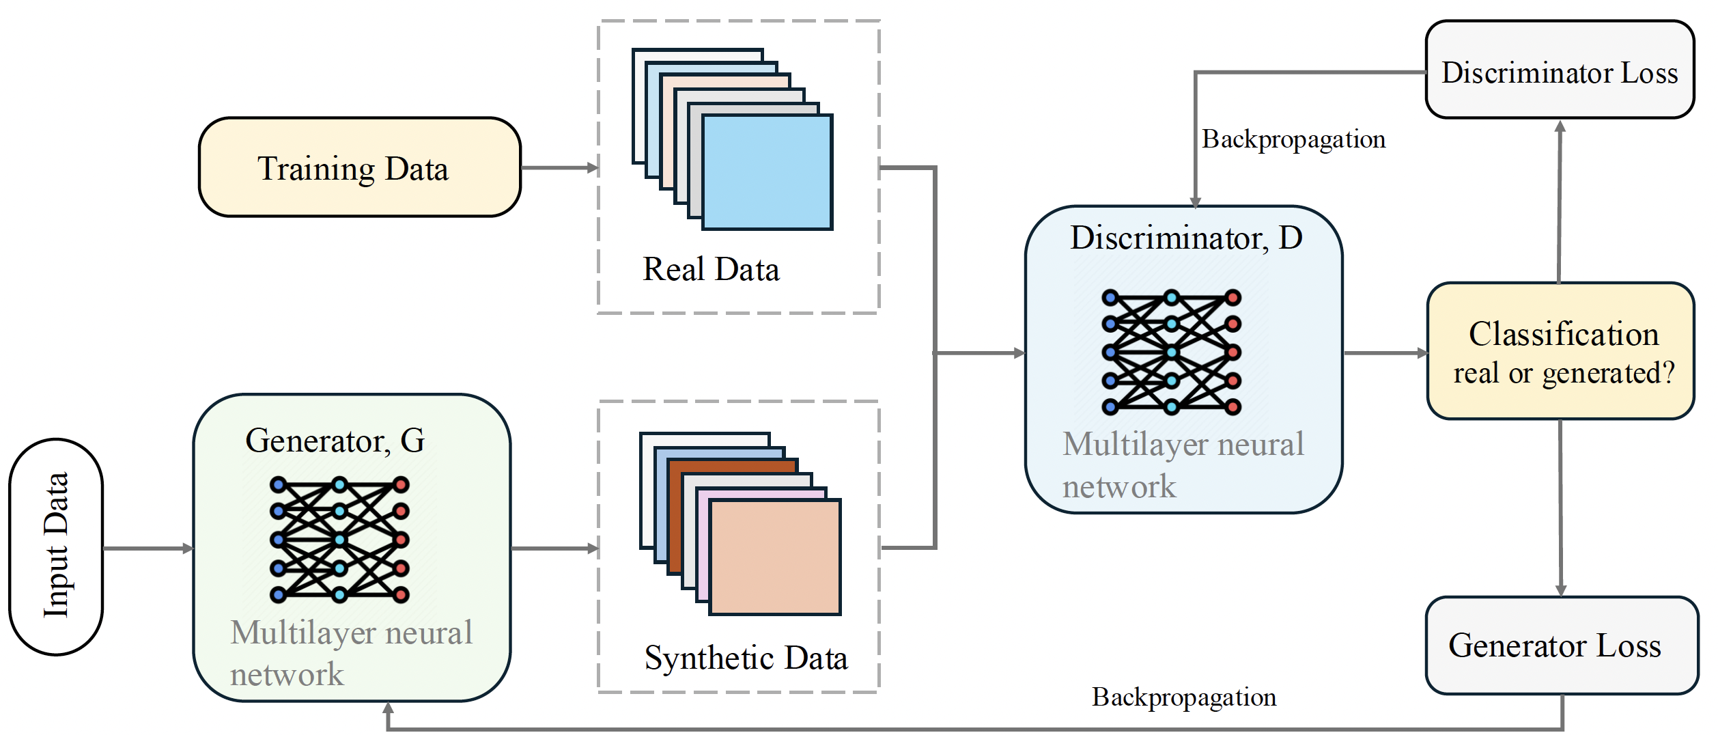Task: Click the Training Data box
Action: tap(359, 167)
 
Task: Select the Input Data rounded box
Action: tap(56, 546)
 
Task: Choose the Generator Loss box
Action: tap(1561, 646)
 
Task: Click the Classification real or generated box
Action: tap(1561, 351)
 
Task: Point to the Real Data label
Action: tap(711, 269)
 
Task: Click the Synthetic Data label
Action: tap(746, 658)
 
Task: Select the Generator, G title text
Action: tap(335, 441)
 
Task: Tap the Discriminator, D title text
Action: tap(1186, 238)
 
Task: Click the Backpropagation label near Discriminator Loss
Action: tap(1293, 139)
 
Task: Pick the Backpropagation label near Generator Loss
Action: tap(1183, 697)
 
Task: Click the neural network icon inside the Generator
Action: tap(339, 540)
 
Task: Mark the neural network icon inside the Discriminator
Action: tap(1171, 352)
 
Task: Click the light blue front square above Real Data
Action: tap(767, 172)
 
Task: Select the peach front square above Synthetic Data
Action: tap(775, 557)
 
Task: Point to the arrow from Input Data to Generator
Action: tap(147, 548)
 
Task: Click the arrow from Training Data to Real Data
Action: tap(559, 167)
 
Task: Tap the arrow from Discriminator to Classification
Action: tap(1385, 353)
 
